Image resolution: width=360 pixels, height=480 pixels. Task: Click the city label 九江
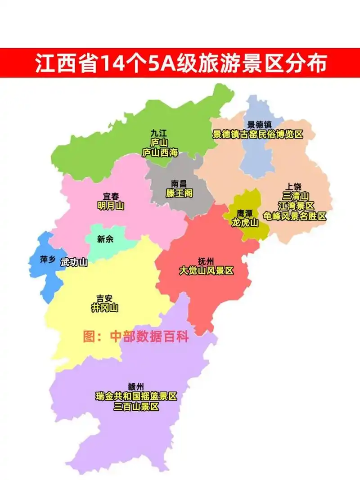click(x=159, y=133)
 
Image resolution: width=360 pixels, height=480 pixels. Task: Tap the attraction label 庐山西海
click(x=160, y=153)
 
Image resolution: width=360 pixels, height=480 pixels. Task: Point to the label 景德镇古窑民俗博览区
click(x=258, y=135)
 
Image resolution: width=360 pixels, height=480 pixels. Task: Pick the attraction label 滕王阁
click(x=179, y=193)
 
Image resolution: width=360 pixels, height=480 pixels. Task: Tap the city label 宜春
click(x=111, y=197)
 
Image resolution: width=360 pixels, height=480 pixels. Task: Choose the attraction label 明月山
click(x=111, y=206)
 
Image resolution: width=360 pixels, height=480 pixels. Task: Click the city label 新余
click(x=105, y=239)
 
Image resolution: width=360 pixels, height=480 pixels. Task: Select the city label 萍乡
click(x=47, y=260)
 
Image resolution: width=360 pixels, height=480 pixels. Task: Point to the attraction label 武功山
click(x=74, y=262)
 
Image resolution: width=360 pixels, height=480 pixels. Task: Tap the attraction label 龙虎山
click(x=245, y=222)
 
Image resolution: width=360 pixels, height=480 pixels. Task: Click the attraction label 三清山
click(x=295, y=196)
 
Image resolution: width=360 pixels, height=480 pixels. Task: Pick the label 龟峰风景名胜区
click(x=295, y=216)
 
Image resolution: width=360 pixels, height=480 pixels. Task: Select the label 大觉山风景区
click(x=207, y=271)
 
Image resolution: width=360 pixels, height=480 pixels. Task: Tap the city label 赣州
click(x=136, y=386)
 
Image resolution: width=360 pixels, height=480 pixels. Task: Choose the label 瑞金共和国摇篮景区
click(x=136, y=397)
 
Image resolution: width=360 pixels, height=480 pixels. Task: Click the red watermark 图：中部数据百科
click(x=135, y=336)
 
